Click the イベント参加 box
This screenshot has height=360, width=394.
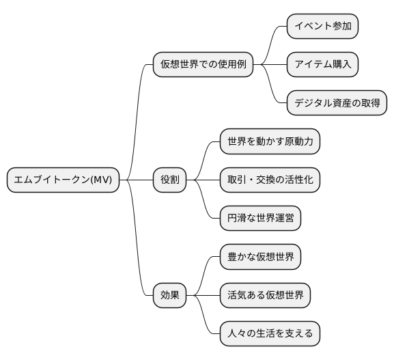tap(322, 27)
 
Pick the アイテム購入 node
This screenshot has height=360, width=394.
tap(322, 66)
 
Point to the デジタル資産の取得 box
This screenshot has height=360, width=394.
tap(337, 104)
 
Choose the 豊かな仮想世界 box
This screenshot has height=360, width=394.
tap(260, 257)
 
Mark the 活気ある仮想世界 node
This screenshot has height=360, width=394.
tap(265, 295)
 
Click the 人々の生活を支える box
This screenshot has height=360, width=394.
tap(270, 334)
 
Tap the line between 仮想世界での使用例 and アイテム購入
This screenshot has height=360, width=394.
tap(270, 66)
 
